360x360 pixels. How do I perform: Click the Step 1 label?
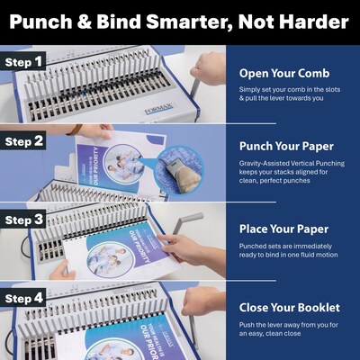[23, 62]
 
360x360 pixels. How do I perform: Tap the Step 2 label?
[23, 141]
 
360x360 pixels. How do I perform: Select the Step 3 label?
[23, 220]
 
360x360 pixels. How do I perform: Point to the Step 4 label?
[23, 298]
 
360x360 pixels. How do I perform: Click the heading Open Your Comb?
[284, 73]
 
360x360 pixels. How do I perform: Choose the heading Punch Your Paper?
[286, 146]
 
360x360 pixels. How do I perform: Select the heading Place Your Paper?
[283, 229]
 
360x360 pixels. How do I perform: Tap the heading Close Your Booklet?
[290, 308]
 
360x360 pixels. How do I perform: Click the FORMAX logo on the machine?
[158, 109]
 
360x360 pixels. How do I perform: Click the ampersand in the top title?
[84, 22]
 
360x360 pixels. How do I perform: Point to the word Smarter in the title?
[188, 22]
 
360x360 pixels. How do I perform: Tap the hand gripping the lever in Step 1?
[208, 67]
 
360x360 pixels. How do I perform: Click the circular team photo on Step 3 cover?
[110, 259]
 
